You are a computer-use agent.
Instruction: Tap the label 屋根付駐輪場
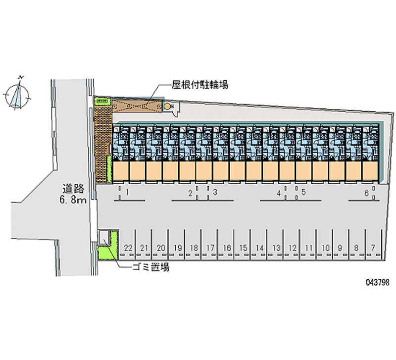(x=200, y=85)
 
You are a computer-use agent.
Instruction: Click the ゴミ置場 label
(x=151, y=267)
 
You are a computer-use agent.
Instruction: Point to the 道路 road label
(x=73, y=189)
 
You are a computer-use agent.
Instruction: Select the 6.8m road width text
(x=73, y=200)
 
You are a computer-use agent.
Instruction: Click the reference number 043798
(x=378, y=282)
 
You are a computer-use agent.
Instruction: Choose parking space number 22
(x=128, y=248)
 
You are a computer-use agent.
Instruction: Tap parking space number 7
(x=373, y=248)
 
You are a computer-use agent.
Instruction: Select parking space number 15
(x=243, y=248)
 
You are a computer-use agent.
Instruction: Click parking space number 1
(x=127, y=192)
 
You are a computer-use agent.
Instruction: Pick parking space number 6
(x=366, y=193)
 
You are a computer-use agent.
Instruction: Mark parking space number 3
(x=215, y=192)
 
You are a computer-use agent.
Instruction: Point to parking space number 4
(x=279, y=193)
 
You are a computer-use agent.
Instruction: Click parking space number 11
(x=309, y=248)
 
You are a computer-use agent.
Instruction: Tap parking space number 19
(x=178, y=248)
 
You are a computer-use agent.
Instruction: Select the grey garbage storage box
(x=104, y=237)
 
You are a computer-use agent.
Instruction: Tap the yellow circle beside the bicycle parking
(x=167, y=106)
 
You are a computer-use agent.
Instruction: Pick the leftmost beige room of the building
(x=121, y=171)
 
